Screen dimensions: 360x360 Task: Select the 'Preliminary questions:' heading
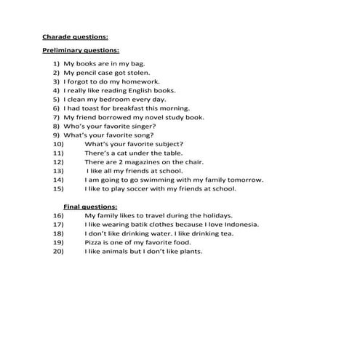[x=80, y=50]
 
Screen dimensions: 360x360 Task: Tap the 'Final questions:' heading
[x=90, y=207]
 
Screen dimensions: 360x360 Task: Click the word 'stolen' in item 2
[x=137, y=73]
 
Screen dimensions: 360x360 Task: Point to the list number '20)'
[x=58, y=252]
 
